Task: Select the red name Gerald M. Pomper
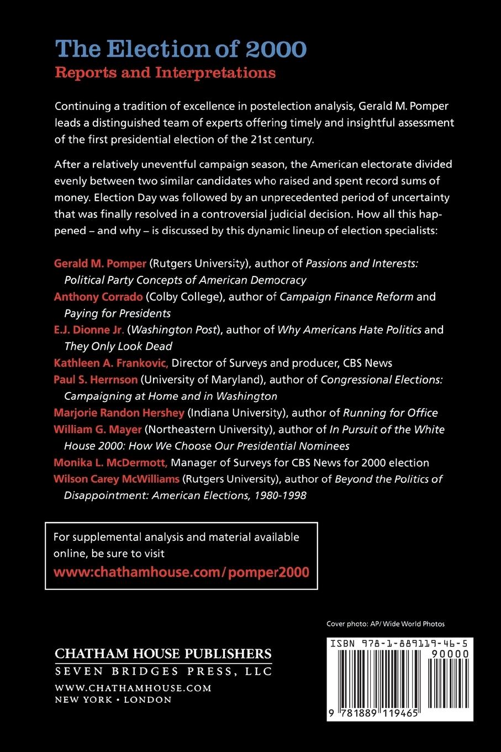click(100, 264)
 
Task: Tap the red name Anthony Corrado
click(98, 297)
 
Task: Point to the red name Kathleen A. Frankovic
click(110, 363)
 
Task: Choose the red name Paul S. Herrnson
click(96, 380)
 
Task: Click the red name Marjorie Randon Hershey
click(119, 413)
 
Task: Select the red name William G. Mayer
click(98, 430)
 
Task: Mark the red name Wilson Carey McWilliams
click(117, 479)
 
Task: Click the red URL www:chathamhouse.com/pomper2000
click(181, 572)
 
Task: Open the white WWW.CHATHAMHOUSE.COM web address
click(133, 688)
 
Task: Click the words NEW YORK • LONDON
click(113, 700)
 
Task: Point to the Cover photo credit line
click(386, 624)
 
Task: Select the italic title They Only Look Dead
click(118, 347)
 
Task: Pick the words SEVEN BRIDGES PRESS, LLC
click(164, 671)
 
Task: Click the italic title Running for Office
click(390, 413)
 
